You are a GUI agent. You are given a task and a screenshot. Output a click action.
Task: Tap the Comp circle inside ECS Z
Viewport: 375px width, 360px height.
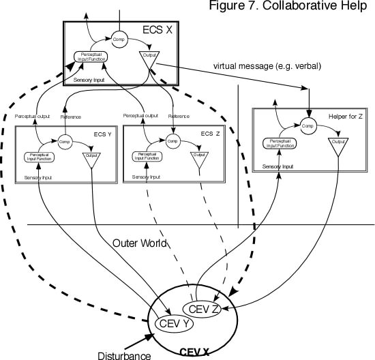coord(174,142)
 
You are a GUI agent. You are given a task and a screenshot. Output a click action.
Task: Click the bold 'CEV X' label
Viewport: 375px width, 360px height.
coord(196,352)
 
